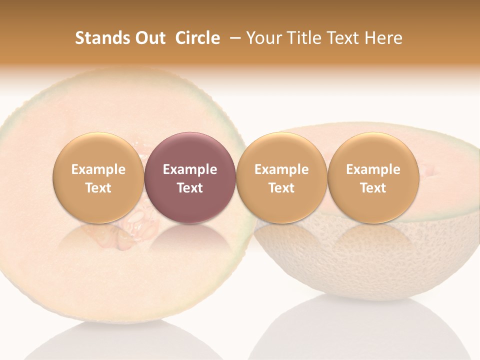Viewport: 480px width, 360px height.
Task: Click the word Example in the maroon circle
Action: point(190,169)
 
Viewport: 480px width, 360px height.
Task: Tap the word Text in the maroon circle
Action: point(190,188)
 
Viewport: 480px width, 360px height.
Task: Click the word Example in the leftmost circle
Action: point(98,169)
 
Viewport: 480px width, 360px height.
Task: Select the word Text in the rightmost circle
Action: point(373,188)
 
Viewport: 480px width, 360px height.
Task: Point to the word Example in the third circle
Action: point(281,169)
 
